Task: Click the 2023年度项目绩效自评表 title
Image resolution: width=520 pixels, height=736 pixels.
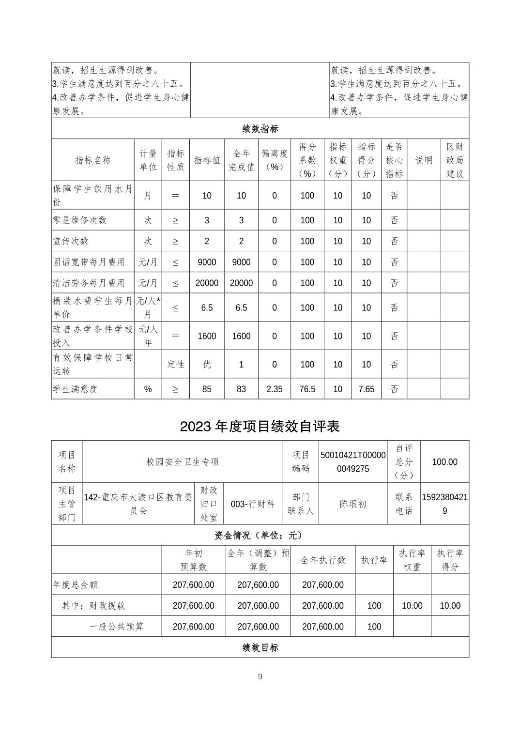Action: [x=260, y=426]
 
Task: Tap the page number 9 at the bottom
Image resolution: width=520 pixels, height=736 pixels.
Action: [x=260, y=676]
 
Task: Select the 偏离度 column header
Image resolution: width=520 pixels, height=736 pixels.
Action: [x=274, y=160]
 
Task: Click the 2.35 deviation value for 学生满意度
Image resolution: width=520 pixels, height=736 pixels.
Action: [x=274, y=389]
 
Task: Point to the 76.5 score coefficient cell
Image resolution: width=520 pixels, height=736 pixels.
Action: [x=307, y=389]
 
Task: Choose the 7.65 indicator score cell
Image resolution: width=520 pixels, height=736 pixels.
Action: [x=366, y=389]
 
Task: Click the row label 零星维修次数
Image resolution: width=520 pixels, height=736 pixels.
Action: [x=80, y=220]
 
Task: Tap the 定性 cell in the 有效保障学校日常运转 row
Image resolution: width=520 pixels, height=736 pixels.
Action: [x=175, y=364]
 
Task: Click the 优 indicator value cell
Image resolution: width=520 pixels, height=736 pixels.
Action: [x=207, y=364]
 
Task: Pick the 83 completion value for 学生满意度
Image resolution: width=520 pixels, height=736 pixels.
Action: [x=241, y=389]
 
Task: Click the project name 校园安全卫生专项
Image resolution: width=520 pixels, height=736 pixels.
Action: [x=183, y=461]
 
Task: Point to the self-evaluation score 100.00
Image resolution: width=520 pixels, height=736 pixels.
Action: [x=444, y=461]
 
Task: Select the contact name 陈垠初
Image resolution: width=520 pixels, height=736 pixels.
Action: [x=353, y=504]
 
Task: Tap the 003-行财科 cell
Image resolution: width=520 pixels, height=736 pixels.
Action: [x=253, y=504]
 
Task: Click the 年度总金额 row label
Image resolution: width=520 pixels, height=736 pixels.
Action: [x=76, y=584]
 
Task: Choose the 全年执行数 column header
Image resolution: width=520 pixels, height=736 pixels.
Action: [x=323, y=560]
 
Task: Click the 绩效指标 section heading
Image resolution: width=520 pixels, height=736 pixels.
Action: [x=260, y=129]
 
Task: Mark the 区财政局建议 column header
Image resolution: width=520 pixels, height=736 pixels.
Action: [x=455, y=160]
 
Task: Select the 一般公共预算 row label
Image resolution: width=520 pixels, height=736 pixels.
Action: [x=117, y=626]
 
